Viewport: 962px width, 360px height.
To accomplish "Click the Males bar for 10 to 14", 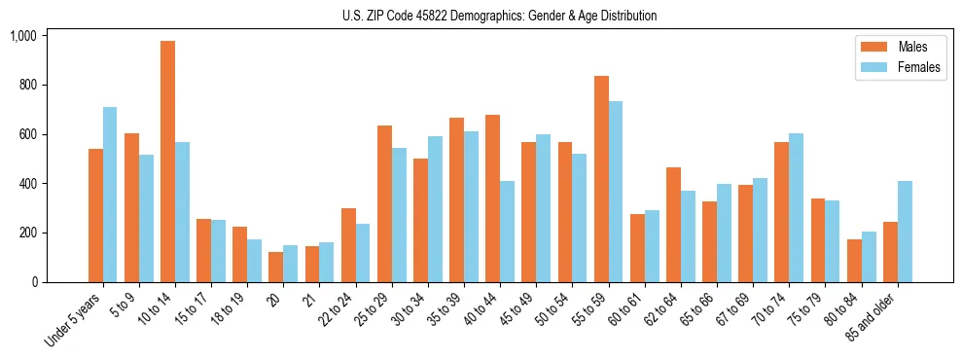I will [x=167, y=162].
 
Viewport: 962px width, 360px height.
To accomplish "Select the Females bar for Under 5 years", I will [x=110, y=195].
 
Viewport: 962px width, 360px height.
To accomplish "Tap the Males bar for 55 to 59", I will [x=601, y=179].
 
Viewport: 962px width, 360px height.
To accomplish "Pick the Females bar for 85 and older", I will [x=905, y=232].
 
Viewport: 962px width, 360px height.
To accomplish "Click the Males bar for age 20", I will [x=276, y=268].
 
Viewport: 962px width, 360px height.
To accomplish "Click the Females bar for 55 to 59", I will [x=616, y=192].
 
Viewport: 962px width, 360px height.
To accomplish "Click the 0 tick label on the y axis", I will [x=33, y=282].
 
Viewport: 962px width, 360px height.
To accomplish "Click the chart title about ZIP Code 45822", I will [x=499, y=16].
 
